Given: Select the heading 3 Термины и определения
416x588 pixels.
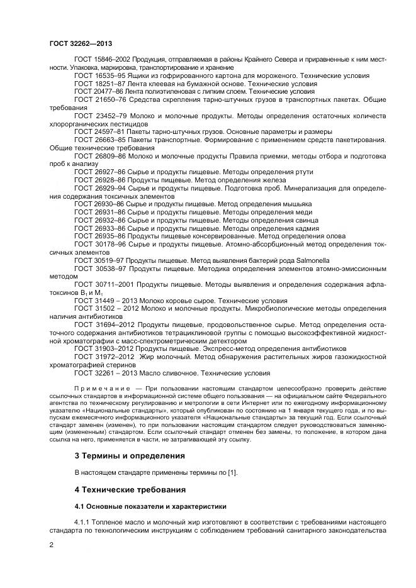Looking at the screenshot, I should [x=130, y=455].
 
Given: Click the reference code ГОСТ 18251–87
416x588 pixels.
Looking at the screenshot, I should [x=98, y=83].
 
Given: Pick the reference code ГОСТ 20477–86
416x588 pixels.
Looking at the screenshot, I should [x=98, y=91].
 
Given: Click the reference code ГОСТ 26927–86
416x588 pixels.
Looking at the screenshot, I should [x=98, y=172].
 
